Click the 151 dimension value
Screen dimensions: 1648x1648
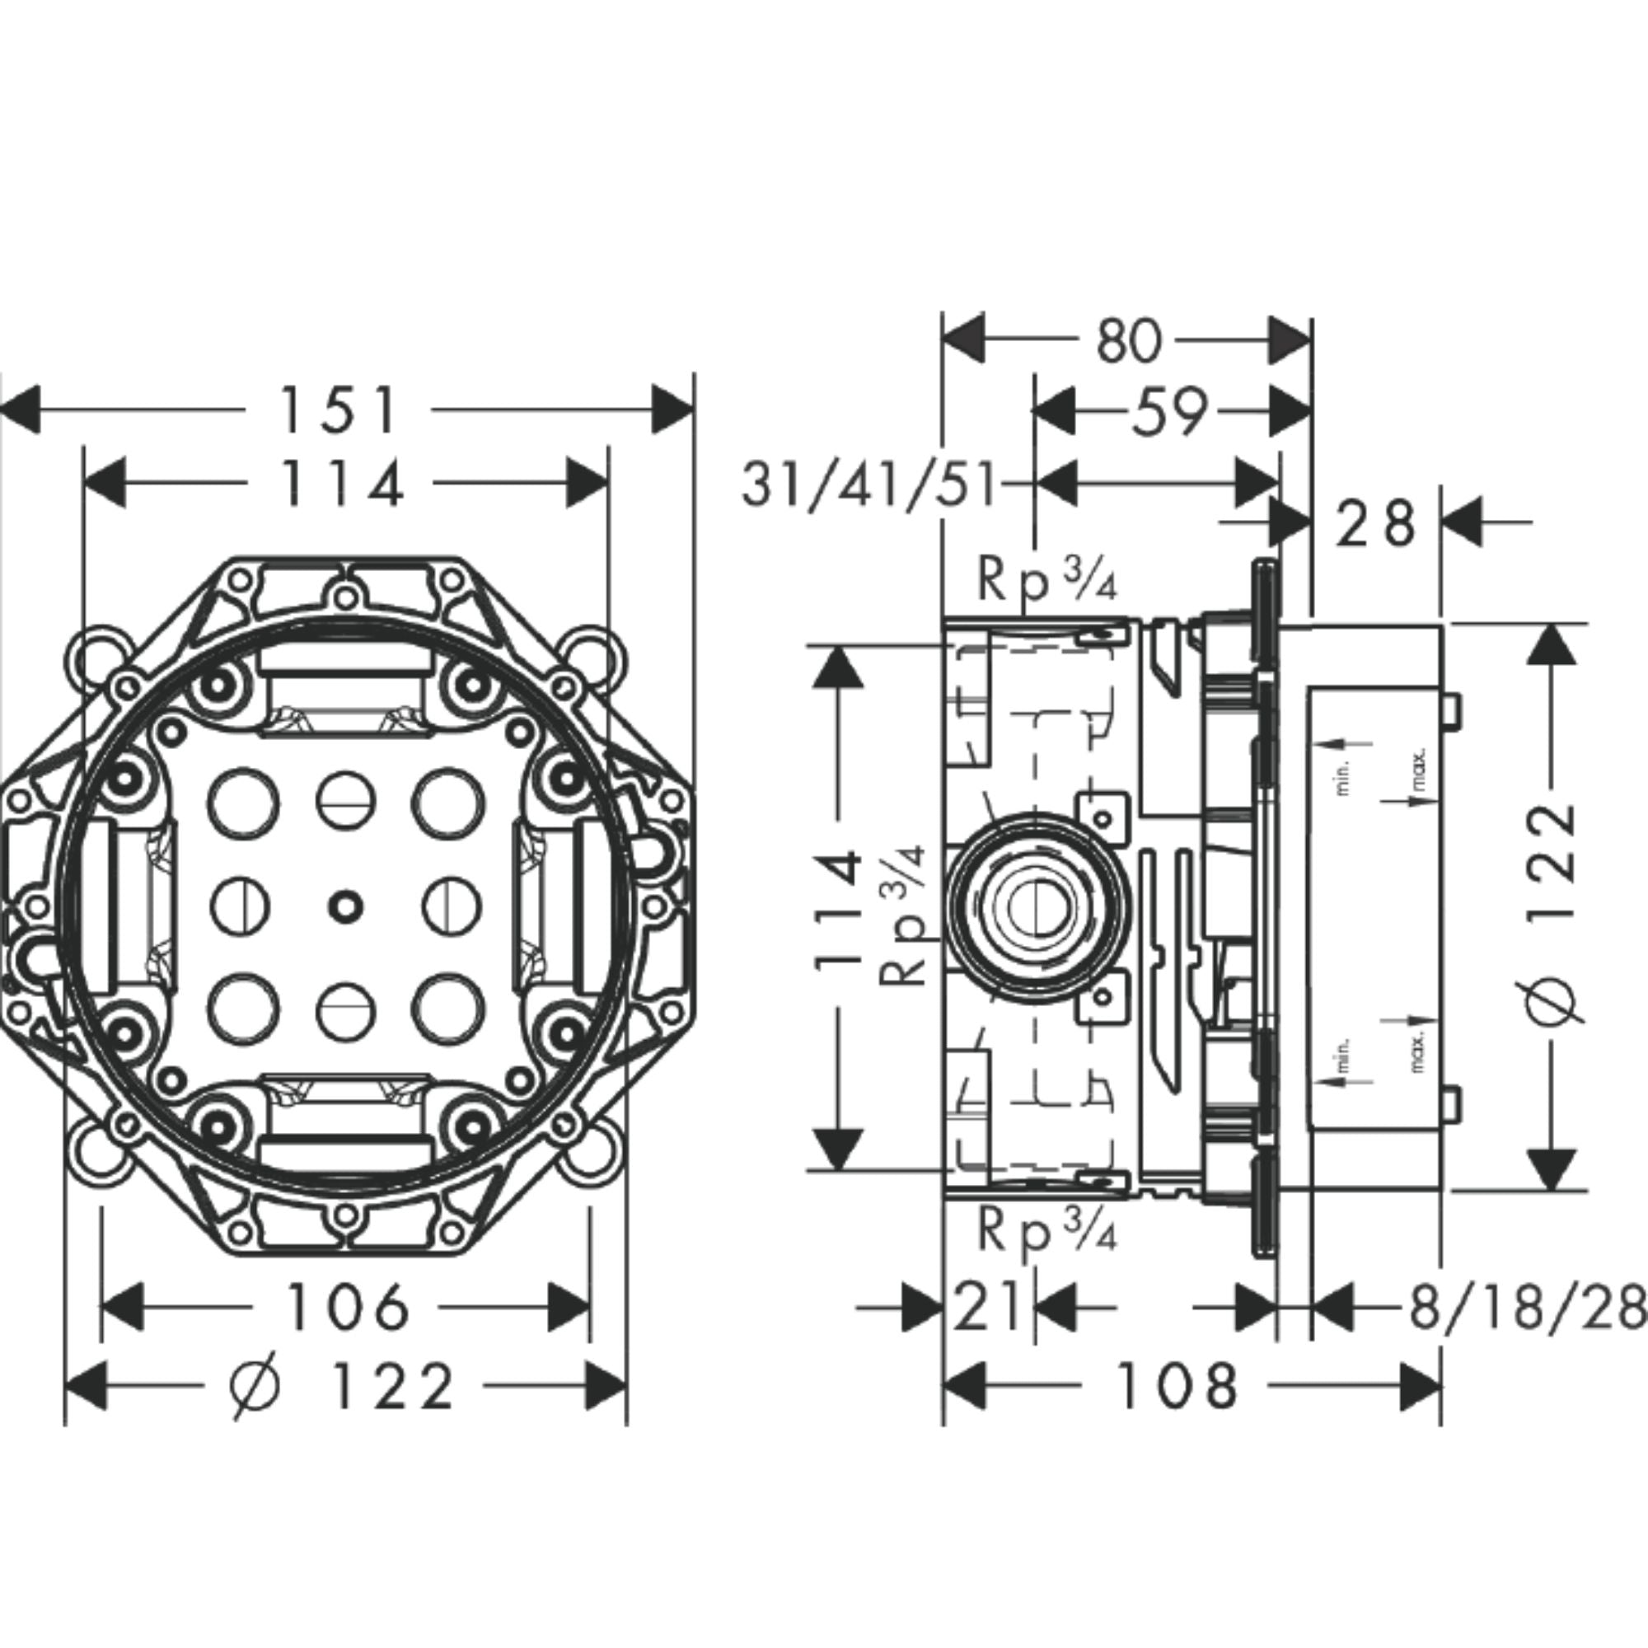point(339,410)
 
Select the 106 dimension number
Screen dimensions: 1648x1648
point(347,1307)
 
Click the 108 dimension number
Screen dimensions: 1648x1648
point(1177,1386)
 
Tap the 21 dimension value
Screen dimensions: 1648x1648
point(986,1307)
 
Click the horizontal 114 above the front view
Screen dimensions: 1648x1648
point(341,484)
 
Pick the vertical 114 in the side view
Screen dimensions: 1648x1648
point(838,908)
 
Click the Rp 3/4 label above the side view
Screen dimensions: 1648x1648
point(1046,579)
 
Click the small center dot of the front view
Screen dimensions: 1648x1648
point(345,906)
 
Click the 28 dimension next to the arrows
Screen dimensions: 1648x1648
point(1375,524)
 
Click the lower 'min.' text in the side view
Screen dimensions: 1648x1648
point(1342,1056)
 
